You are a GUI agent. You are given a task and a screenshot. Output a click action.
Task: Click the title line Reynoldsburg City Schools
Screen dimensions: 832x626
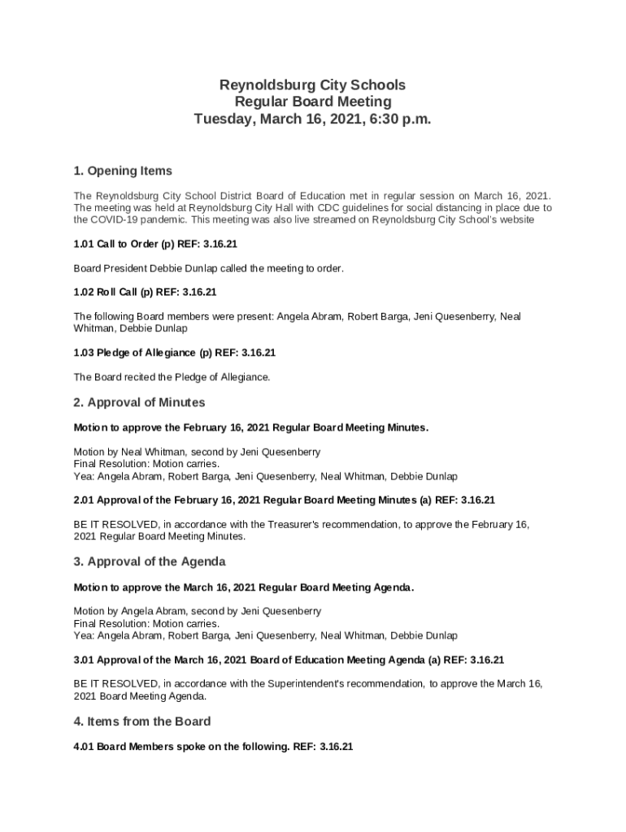coord(312,84)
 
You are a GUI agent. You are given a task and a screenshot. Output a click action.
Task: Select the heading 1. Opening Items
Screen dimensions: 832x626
coord(123,171)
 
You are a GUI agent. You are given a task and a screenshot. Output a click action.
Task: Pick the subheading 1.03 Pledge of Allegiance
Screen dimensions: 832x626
coord(135,353)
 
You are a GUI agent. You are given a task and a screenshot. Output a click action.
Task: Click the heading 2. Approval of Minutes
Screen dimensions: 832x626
coord(139,402)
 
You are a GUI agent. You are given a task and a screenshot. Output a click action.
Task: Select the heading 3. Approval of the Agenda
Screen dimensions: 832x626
coord(150,561)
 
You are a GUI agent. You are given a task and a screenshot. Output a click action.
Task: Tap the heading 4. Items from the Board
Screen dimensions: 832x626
coord(142,721)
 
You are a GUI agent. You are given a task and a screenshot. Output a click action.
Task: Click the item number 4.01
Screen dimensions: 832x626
coord(84,746)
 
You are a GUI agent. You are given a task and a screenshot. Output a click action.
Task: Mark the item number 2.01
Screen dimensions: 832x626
coord(84,500)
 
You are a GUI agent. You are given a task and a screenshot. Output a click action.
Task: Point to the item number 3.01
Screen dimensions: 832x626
coord(84,659)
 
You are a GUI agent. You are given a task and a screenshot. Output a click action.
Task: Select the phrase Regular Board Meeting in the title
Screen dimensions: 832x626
coord(312,102)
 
